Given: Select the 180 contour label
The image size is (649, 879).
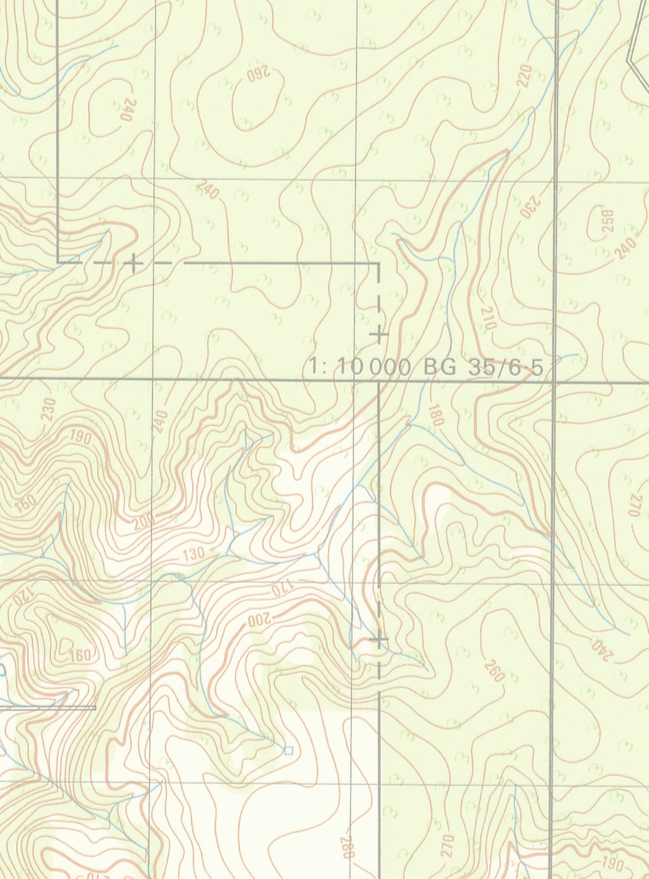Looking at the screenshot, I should pyautogui.click(x=436, y=415).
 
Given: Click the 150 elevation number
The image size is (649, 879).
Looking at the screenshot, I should pyautogui.click(x=26, y=503).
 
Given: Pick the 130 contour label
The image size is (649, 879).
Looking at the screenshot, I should pyautogui.click(x=193, y=554).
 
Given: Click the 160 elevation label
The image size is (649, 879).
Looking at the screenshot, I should pyautogui.click(x=79, y=655).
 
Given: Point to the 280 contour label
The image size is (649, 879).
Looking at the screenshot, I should pyautogui.click(x=346, y=847).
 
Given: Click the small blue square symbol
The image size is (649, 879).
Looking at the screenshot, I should pyautogui.click(x=288, y=750).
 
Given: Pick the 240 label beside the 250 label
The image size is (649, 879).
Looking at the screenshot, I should pyautogui.click(x=625, y=248).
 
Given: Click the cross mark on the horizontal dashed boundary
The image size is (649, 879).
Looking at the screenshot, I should pyautogui.click(x=133, y=262).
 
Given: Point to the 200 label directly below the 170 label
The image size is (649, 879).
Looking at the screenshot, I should pyautogui.click(x=260, y=619).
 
